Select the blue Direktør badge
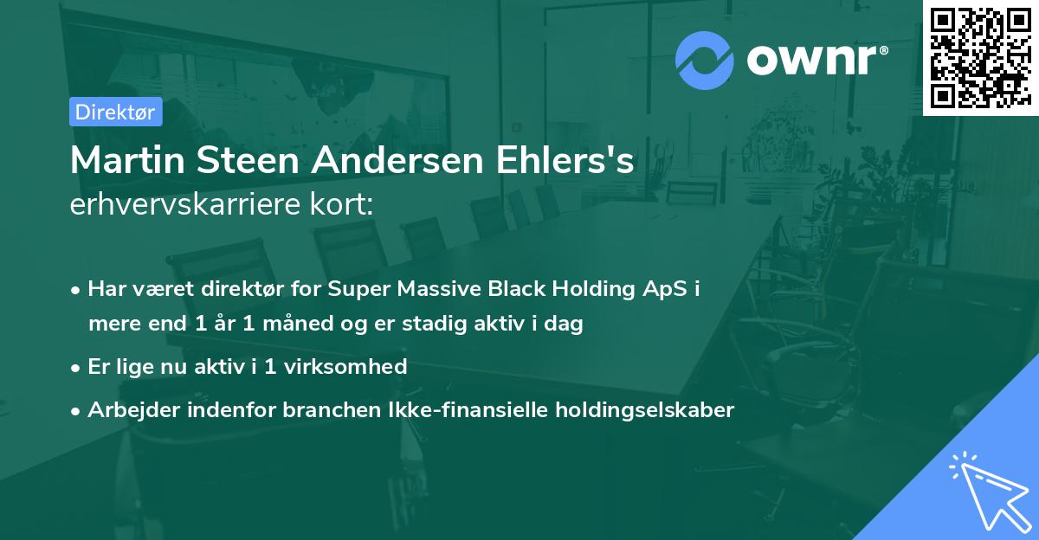click(x=115, y=112)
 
